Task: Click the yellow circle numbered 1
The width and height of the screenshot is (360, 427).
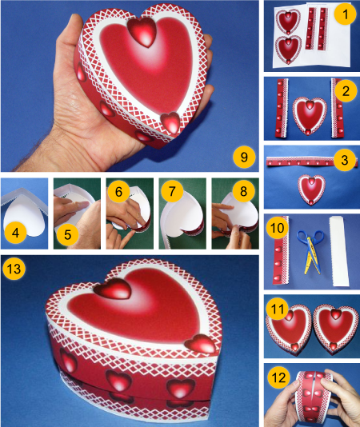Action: tap(346, 14)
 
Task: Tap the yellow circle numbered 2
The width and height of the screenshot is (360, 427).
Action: tap(346, 90)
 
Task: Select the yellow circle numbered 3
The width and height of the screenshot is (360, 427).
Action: tap(345, 160)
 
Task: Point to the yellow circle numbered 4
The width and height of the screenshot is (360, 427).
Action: tap(15, 233)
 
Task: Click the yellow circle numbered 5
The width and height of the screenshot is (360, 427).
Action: tap(68, 234)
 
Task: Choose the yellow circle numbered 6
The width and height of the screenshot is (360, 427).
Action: tap(118, 191)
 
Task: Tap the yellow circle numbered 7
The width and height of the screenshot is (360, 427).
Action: tap(172, 191)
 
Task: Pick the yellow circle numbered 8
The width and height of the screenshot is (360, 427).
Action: tap(244, 191)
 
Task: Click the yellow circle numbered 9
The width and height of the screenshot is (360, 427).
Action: tap(244, 157)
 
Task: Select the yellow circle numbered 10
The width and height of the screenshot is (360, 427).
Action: tap(278, 228)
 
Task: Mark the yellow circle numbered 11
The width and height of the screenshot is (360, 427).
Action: tap(278, 309)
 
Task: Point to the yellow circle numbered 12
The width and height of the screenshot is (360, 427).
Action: tap(278, 377)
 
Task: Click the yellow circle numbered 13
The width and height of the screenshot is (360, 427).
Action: tap(14, 269)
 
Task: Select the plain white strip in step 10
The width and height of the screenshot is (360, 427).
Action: tap(339, 251)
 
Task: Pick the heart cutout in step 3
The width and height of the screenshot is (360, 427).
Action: tap(311, 190)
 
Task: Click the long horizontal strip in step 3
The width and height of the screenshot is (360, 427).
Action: tap(311, 162)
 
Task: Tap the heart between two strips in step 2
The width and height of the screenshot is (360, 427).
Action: tap(310, 116)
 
